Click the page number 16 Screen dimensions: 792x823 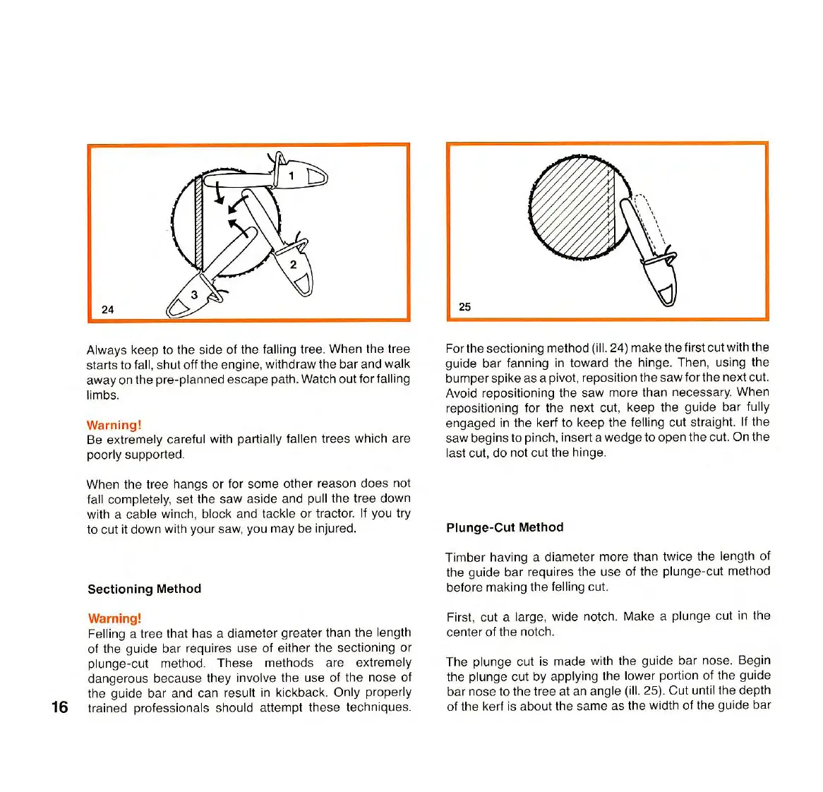[x=60, y=707]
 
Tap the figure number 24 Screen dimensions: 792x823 [x=107, y=309]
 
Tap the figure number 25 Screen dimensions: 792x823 [x=464, y=306]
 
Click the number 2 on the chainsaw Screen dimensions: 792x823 [x=293, y=265]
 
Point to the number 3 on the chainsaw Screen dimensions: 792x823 [x=194, y=295]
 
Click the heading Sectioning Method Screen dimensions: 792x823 [x=144, y=589]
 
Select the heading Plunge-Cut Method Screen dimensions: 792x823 [x=505, y=527]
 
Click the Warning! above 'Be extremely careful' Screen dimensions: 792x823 [x=114, y=425]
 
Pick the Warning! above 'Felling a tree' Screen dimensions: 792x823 [x=114, y=618]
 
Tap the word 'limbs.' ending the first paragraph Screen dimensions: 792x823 [x=103, y=395]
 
